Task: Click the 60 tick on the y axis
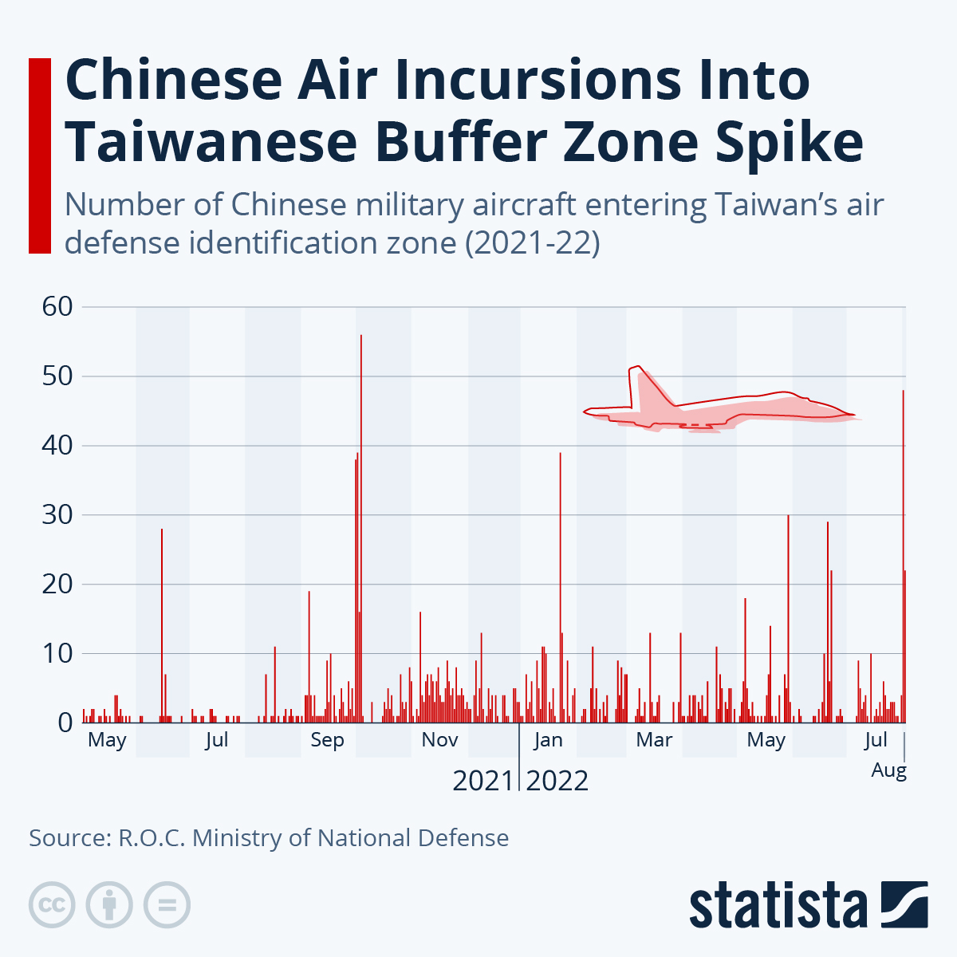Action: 57,306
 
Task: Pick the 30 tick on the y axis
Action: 57,515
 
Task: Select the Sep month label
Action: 327,740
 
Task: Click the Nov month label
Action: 439,740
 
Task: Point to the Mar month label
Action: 654,740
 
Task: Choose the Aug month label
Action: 888,770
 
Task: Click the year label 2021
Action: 482,781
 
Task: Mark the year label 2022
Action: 557,781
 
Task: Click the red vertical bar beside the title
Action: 39,156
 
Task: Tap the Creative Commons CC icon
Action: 52,905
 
